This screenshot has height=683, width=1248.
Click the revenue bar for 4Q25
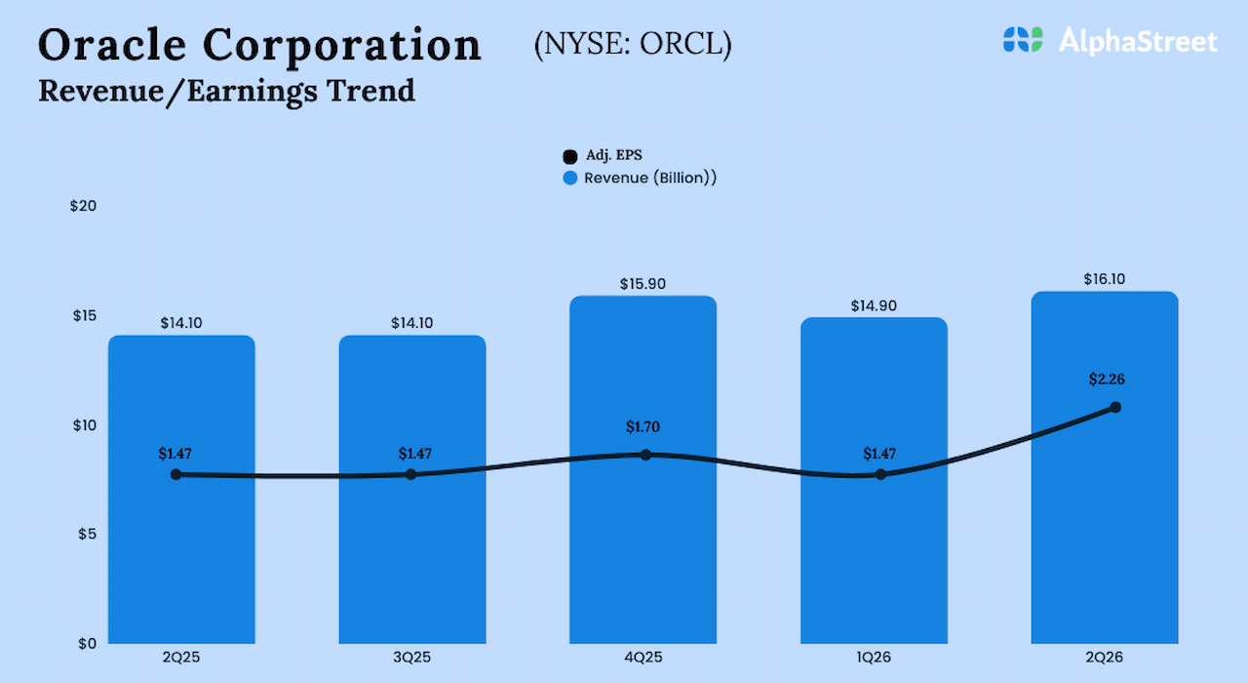tap(643, 546)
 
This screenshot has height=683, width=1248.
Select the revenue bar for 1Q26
tap(874, 556)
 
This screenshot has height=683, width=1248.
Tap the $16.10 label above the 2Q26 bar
tap(1105, 279)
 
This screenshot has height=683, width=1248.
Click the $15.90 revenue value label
tap(643, 284)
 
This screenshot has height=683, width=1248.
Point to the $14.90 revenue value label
tap(874, 305)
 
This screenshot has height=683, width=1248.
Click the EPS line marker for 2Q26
tap(1115, 407)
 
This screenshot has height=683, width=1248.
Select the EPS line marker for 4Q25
tap(645, 455)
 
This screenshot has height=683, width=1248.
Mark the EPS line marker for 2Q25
tap(175, 474)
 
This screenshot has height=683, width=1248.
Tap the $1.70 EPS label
tap(643, 426)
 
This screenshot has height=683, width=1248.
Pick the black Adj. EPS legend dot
tap(570, 157)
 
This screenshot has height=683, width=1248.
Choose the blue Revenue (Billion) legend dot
tap(570, 179)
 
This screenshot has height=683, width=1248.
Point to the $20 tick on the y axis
tap(83, 206)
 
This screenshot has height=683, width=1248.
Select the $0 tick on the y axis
tap(88, 643)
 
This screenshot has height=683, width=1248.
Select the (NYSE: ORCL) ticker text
tap(633, 45)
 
